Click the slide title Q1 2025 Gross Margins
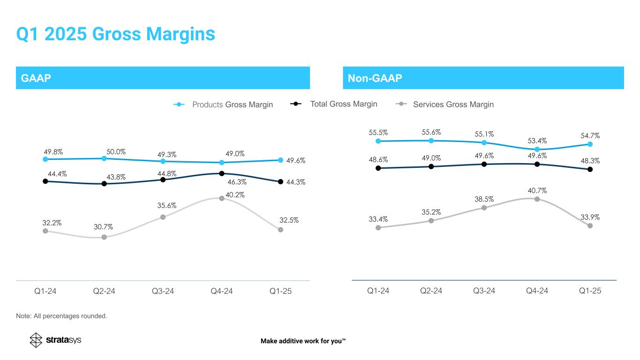click(115, 34)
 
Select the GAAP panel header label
click(33, 78)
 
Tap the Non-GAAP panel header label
click(375, 78)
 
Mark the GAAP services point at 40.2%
click(222, 198)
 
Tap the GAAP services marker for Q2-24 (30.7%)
click(104, 237)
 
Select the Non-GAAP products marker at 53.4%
click(537, 150)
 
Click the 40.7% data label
click(536, 191)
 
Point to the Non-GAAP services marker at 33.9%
click(590, 225)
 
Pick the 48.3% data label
click(590, 160)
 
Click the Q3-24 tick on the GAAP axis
click(163, 291)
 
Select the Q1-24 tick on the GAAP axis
click(45, 291)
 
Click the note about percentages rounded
click(61, 316)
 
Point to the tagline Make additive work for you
click(303, 341)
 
